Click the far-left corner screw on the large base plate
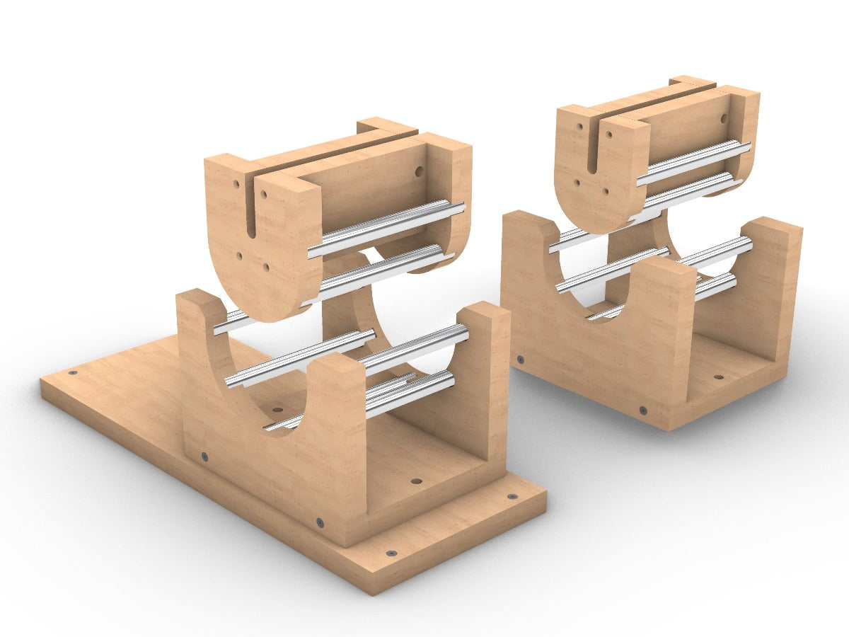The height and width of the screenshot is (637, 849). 72,372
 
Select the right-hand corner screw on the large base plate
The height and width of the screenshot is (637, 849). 512,497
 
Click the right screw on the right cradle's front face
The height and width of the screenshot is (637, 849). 642,411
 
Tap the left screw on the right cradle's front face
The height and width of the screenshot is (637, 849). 521,360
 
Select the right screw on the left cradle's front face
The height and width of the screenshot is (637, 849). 320,523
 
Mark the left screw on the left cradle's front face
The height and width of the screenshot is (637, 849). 204,457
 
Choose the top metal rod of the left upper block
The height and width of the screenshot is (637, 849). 386,227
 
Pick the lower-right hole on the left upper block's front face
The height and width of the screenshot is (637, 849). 266,267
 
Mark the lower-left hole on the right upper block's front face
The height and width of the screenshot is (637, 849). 577,182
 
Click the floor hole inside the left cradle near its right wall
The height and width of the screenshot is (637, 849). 416,481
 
